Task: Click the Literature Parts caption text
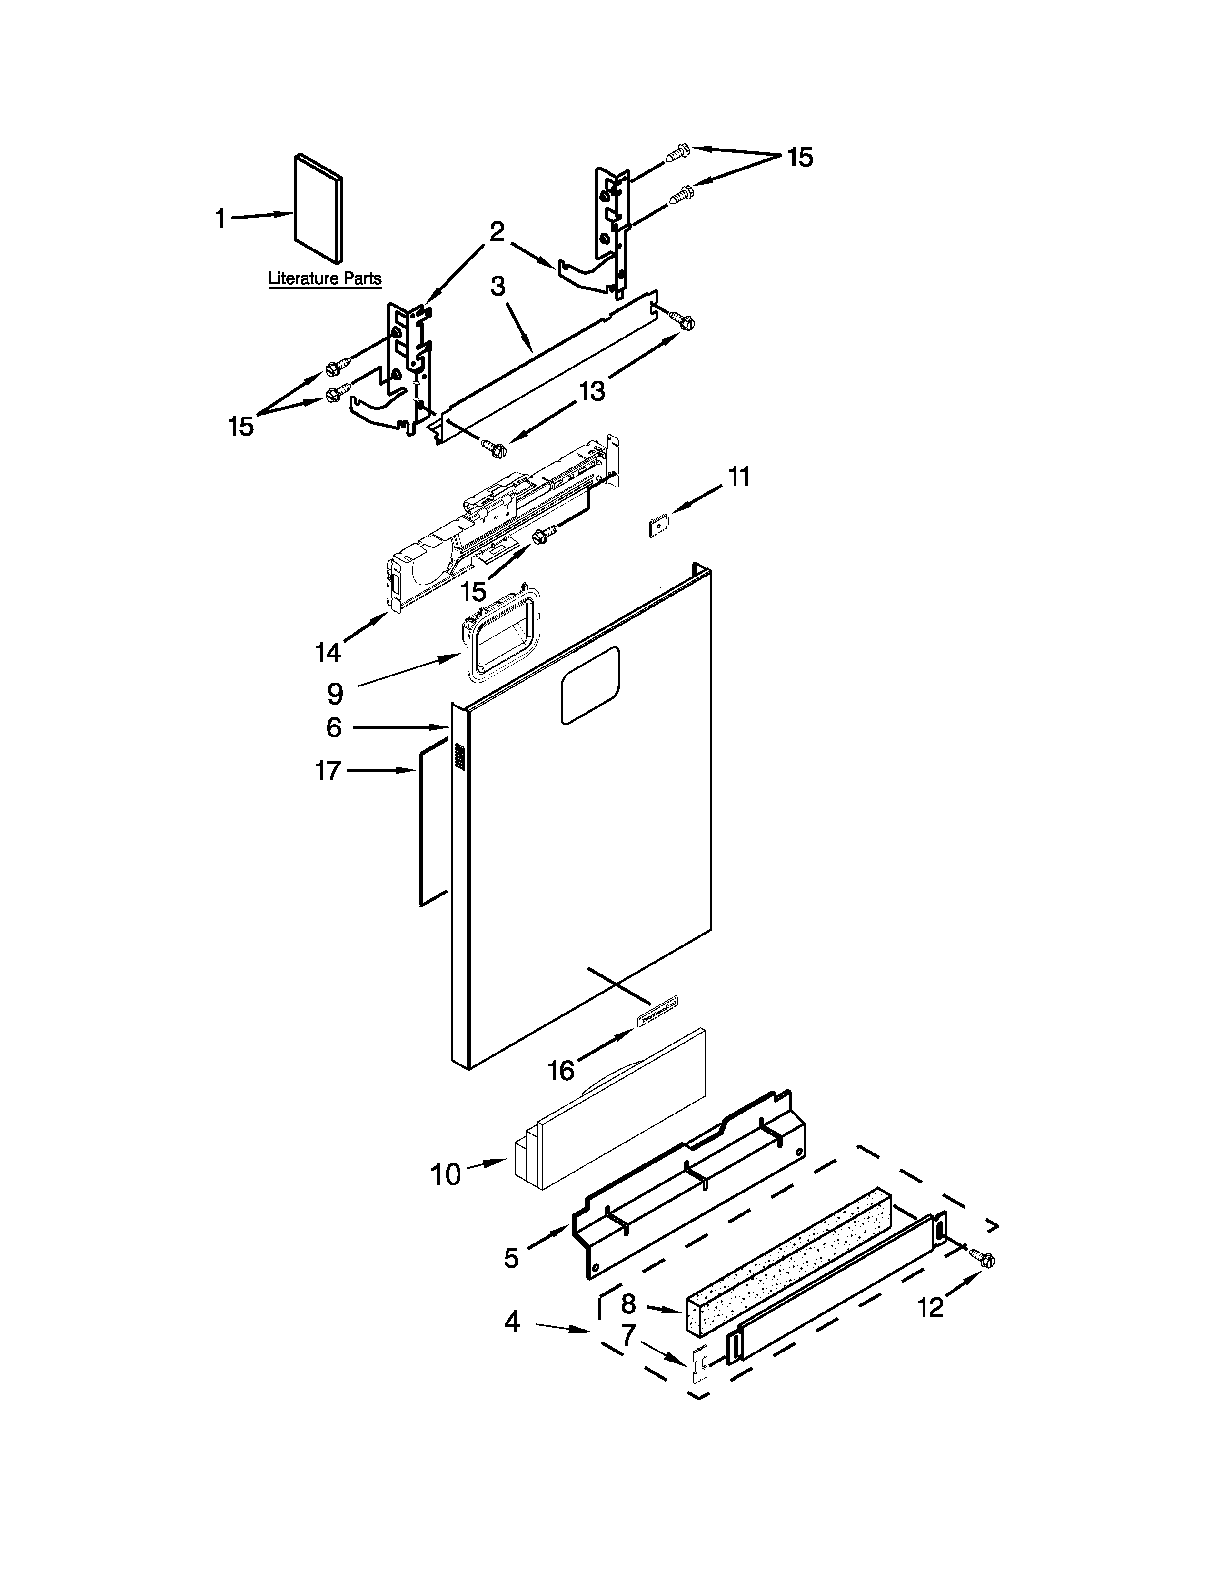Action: pos(324,278)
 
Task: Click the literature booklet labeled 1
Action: pos(318,208)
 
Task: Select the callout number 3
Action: pos(498,286)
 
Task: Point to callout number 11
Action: pos(738,477)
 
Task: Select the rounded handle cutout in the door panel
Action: pos(590,685)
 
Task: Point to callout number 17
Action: pos(327,771)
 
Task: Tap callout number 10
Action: pos(445,1174)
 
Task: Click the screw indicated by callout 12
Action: pos(984,1259)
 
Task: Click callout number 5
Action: pos(511,1258)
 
